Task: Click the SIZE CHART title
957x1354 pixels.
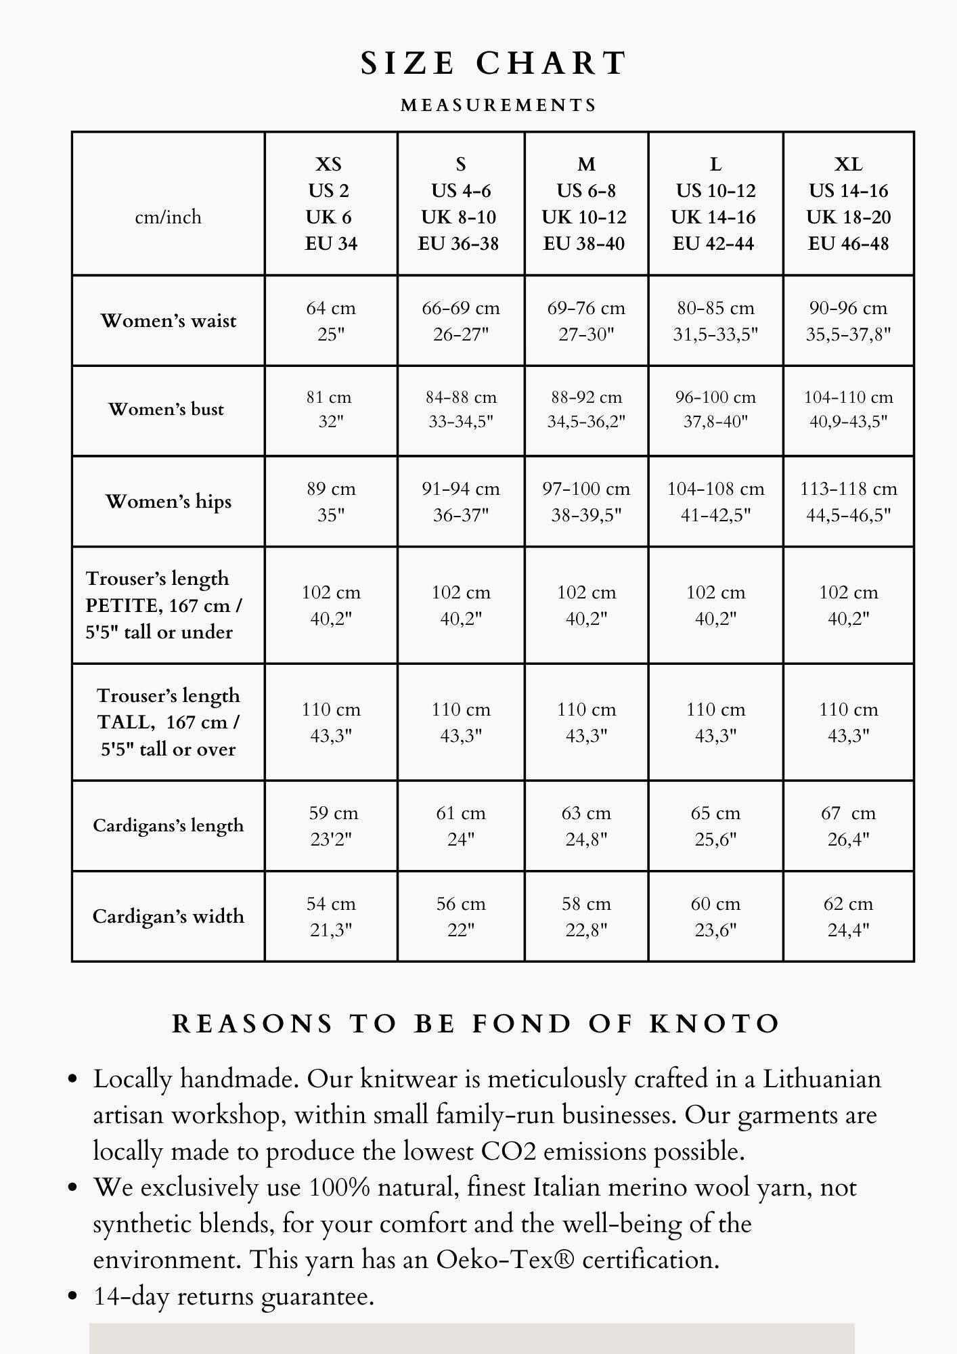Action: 493,64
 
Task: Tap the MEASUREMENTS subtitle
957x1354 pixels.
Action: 499,106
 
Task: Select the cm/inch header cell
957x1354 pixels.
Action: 168,217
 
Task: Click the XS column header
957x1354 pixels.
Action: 330,203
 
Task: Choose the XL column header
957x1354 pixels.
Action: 848,203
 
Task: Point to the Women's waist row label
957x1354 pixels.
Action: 169,320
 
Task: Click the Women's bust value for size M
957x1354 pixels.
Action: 586,410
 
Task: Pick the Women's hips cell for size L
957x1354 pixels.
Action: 715,502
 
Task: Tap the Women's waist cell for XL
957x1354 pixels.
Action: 848,321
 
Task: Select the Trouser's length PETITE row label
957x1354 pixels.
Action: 164,605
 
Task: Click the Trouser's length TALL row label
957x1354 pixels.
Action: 169,722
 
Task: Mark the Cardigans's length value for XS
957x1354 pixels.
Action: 331,826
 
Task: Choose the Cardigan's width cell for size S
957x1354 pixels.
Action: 461,917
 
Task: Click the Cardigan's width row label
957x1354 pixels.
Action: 169,916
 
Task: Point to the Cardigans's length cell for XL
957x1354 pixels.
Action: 848,826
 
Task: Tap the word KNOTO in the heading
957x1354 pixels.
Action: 715,1024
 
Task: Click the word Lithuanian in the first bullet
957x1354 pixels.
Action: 822,1079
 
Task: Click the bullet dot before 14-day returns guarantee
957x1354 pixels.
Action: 74,1296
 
